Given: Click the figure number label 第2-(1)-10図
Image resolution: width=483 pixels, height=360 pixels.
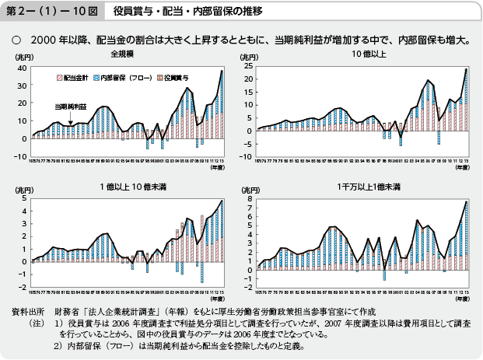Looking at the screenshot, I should click(49, 11).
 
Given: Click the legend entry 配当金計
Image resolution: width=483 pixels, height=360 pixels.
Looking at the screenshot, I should click(75, 79).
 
